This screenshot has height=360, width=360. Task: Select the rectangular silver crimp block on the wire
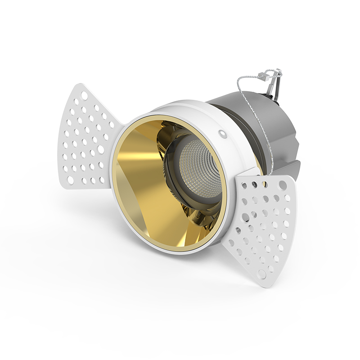point(270,77)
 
